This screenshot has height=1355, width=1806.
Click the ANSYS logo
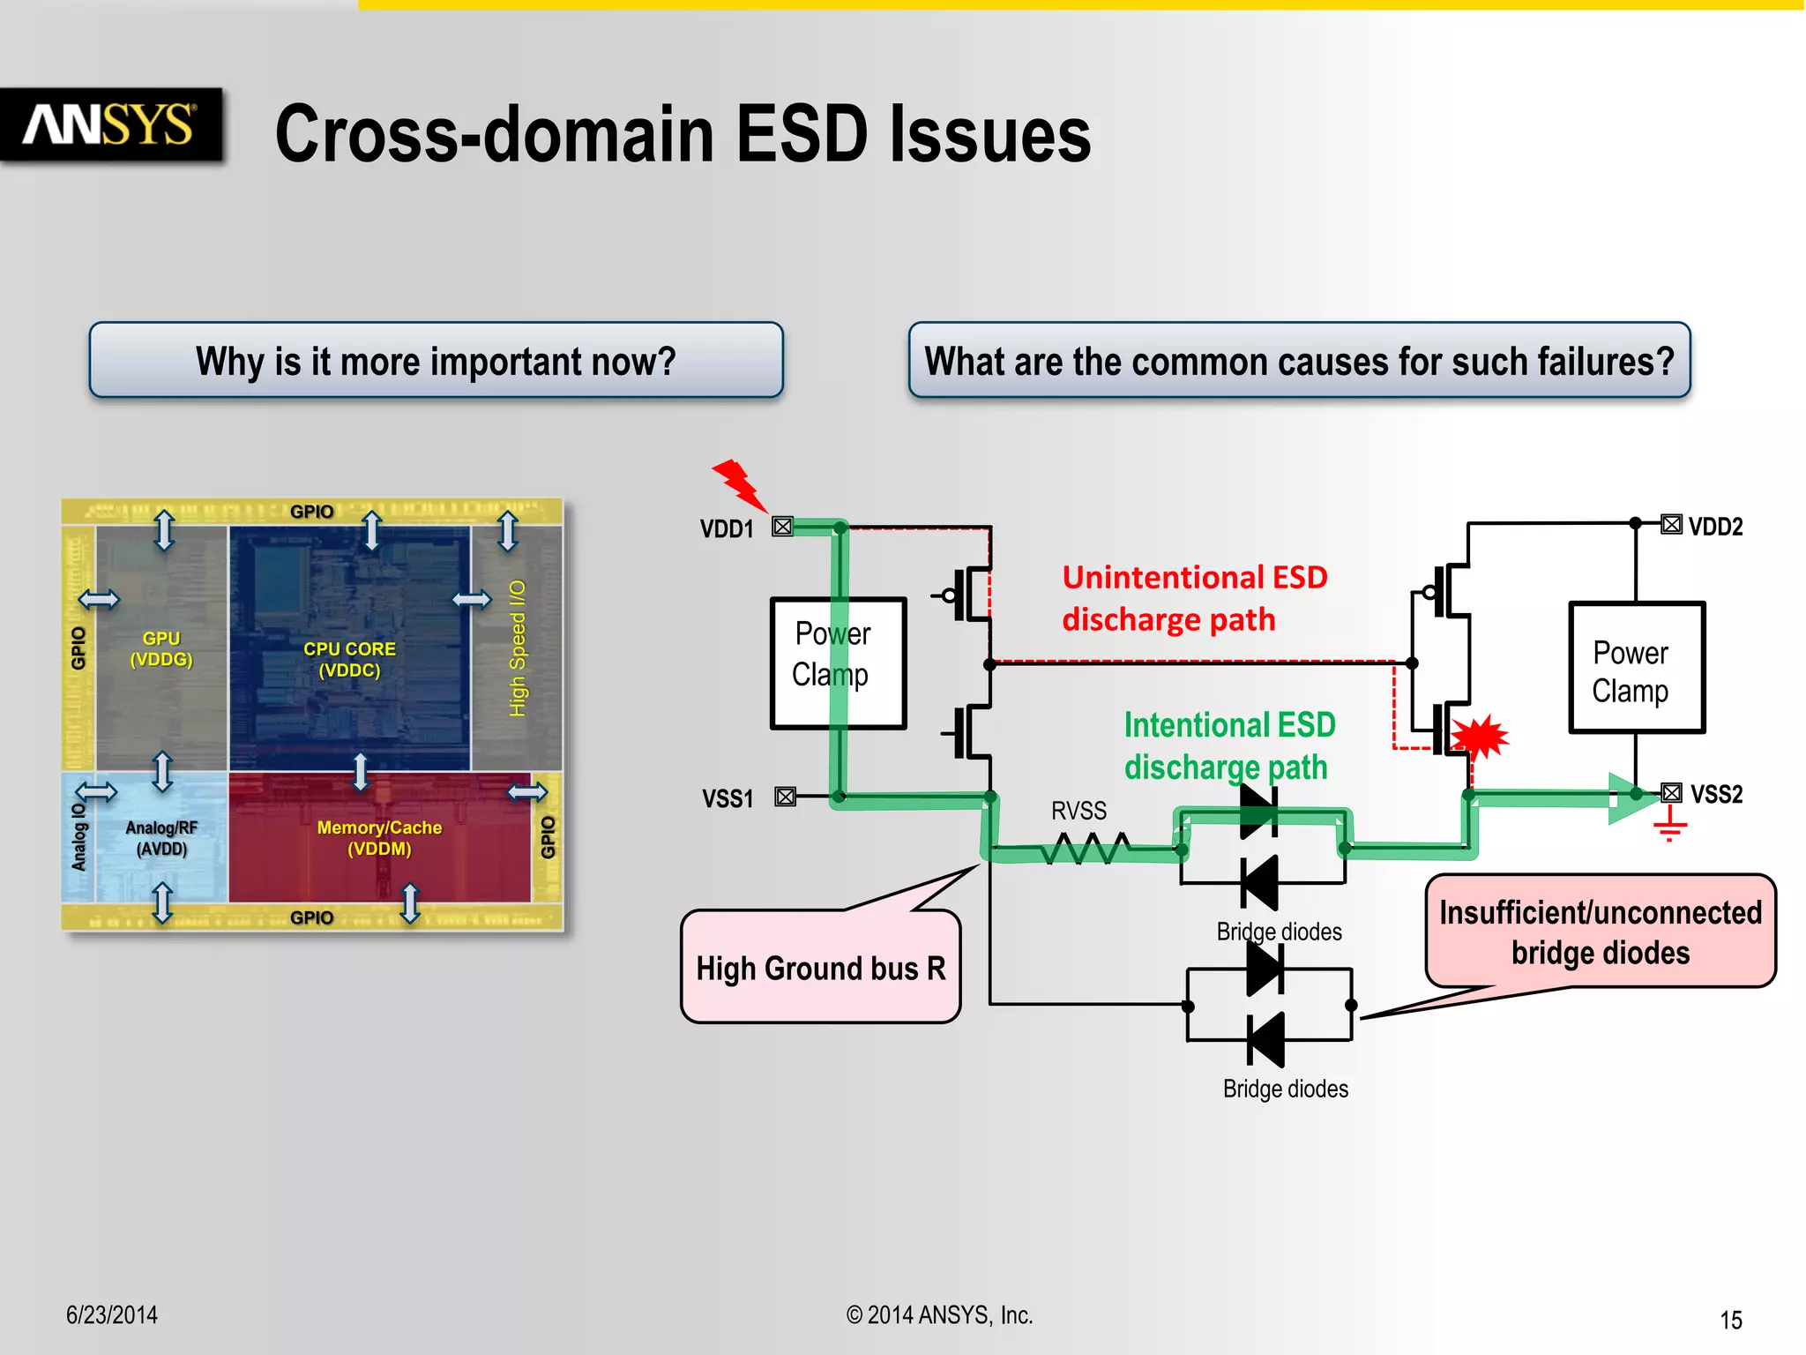(x=110, y=125)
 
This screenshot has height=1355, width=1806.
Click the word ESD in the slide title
(x=802, y=134)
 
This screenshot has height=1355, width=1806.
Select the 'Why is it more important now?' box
(x=436, y=361)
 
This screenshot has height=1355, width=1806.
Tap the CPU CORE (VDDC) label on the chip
(x=349, y=659)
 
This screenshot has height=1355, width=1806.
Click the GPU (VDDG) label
(x=160, y=648)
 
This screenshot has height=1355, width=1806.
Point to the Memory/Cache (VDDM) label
(x=379, y=838)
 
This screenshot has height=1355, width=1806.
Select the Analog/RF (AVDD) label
(x=161, y=838)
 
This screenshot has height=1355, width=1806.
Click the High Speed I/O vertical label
(x=518, y=648)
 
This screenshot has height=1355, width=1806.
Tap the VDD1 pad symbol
(x=782, y=527)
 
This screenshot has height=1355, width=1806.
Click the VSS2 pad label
(x=1716, y=794)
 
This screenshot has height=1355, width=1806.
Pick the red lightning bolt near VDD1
(x=739, y=484)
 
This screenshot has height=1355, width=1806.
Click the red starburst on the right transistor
(x=1481, y=736)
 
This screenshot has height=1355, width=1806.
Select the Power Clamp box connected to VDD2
(x=1636, y=668)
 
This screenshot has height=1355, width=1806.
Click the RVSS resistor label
(x=1078, y=811)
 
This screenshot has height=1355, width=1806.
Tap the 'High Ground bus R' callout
(x=820, y=968)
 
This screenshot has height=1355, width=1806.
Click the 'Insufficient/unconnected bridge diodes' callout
(x=1600, y=932)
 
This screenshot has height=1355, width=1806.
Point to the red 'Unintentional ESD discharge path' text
(x=1193, y=598)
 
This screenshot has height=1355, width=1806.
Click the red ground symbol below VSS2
(x=1669, y=827)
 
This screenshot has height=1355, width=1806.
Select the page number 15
(x=1730, y=1320)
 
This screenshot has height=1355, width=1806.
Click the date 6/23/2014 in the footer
(x=112, y=1314)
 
